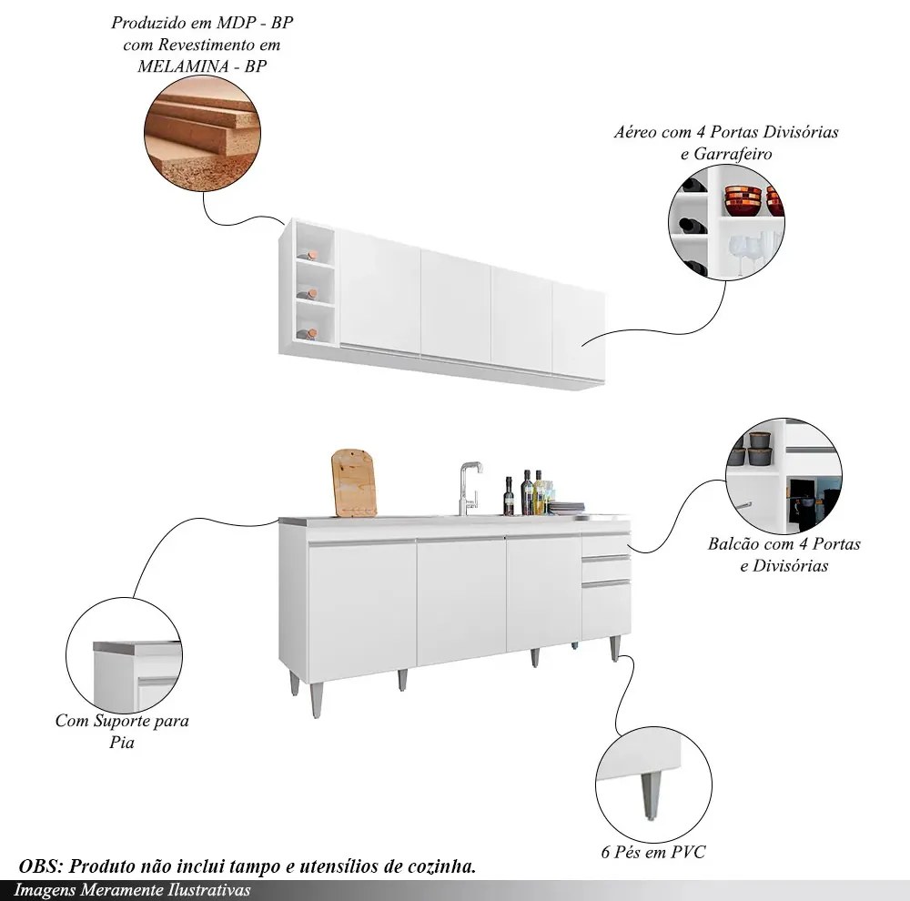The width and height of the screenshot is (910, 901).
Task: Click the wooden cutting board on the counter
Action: click(353, 482)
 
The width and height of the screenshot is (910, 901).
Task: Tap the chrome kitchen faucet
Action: click(470, 488)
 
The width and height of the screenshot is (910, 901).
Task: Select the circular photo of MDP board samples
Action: click(202, 134)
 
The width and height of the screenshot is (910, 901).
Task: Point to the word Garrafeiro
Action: click(733, 155)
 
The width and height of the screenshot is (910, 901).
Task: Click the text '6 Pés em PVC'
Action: click(653, 852)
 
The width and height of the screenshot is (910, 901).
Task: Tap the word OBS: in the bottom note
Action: click(41, 866)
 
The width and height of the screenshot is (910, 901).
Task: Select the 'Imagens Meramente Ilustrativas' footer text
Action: click(132, 890)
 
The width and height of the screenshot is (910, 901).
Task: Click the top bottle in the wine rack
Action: click(308, 256)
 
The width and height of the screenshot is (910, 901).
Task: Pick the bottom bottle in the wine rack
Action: click(308, 334)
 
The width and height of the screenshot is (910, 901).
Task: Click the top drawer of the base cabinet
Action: click(605, 543)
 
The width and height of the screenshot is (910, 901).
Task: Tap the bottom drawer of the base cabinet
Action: click(606, 609)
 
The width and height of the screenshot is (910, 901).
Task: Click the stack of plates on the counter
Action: click(566, 508)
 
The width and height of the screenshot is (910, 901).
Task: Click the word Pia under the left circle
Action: click(122, 743)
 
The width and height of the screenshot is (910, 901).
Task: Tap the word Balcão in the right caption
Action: click(733, 544)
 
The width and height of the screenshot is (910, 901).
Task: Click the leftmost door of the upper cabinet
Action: click(379, 291)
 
